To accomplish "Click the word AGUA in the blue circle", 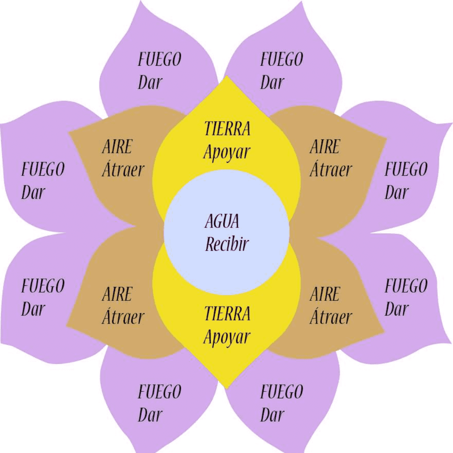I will (x=222, y=222).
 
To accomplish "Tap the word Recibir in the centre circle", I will (x=227, y=244).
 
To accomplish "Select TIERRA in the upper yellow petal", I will (x=227, y=129).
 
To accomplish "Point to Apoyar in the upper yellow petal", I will (x=227, y=152).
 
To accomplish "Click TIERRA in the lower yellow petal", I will (x=227, y=314).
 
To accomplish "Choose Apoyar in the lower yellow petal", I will (x=227, y=337).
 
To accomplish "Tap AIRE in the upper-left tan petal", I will (x=117, y=147).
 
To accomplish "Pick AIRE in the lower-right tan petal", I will (x=325, y=294).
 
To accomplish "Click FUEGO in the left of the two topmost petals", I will (x=159, y=60).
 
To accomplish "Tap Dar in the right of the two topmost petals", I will (x=272, y=82).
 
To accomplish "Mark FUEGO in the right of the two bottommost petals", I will (x=282, y=392).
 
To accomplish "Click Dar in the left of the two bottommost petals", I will (x=150, y=414).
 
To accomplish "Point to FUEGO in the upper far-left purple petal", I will (x=43, y=169).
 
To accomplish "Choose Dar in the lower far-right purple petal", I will (x=396, y=309).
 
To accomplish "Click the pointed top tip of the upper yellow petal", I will (x=226, y=76).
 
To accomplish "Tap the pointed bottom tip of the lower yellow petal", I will (x=226, y=388).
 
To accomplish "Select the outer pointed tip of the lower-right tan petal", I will (x=384, y=332).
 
